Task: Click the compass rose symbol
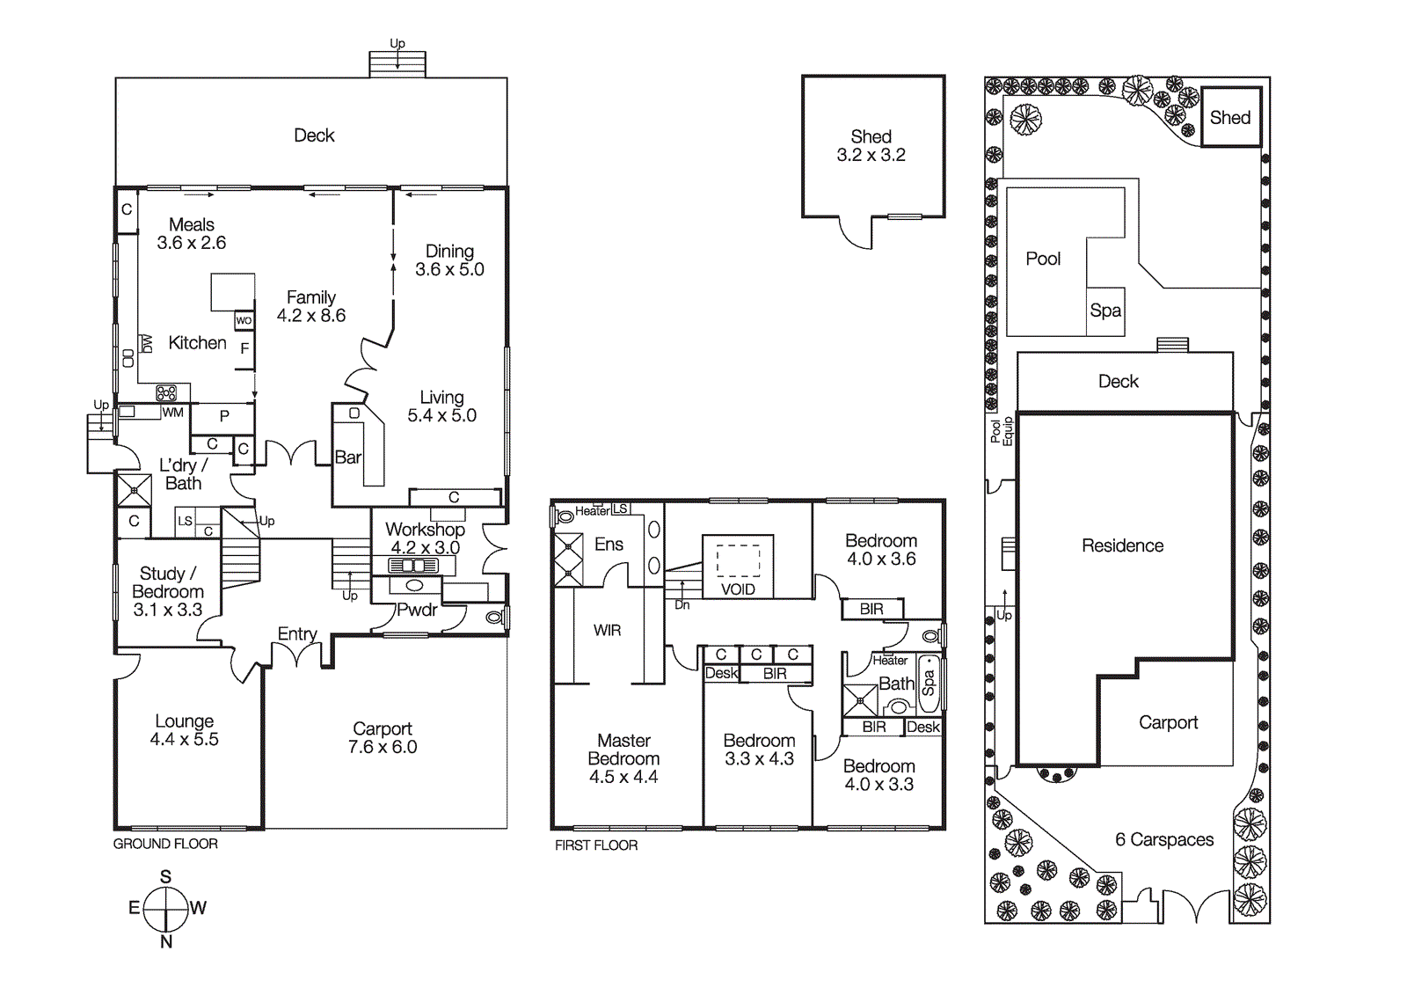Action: [165, 909]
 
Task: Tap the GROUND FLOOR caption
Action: [165, 844]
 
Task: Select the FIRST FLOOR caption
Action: [596, 845]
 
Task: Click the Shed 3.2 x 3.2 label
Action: [871, 146]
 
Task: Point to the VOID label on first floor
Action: [738, 589]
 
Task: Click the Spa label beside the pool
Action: [1105, 311]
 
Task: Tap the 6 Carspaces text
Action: [1164, 840]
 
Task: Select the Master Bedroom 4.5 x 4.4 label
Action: [623, 758]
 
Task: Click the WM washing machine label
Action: [173, 413]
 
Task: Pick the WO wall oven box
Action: [244, 320]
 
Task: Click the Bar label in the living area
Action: [347, 457]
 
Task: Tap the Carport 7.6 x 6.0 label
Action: [383, 737]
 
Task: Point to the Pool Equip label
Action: [1002, 431]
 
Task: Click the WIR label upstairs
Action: [607, 631]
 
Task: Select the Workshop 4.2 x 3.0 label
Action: [425, 538]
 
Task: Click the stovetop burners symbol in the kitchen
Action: [166, 393]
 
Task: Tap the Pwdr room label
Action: [417, 610]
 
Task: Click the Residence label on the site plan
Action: [1122, 545]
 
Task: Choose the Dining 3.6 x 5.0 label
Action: [449, 260]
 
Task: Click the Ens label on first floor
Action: [609, 545]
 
